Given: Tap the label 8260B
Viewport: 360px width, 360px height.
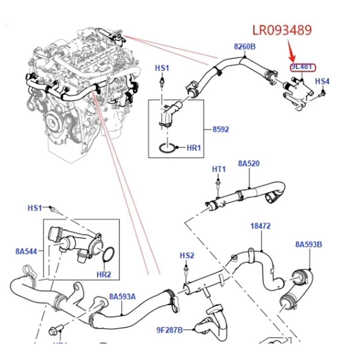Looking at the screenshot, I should tap(244, 46).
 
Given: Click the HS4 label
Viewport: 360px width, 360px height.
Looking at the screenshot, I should tap(322, 81).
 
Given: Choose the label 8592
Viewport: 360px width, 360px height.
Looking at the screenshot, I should tap(220, 129).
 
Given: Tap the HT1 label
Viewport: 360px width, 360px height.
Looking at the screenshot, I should tap(218, 169).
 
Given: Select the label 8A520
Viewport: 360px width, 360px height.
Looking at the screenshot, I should tap(249, 164).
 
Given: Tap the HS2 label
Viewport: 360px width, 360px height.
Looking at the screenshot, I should tap(187, 256).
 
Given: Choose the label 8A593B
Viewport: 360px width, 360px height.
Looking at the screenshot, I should tap(309, 244).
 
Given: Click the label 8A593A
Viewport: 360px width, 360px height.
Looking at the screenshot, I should tap(122, 297).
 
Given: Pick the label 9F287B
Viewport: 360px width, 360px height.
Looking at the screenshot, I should tap(170, 331).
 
